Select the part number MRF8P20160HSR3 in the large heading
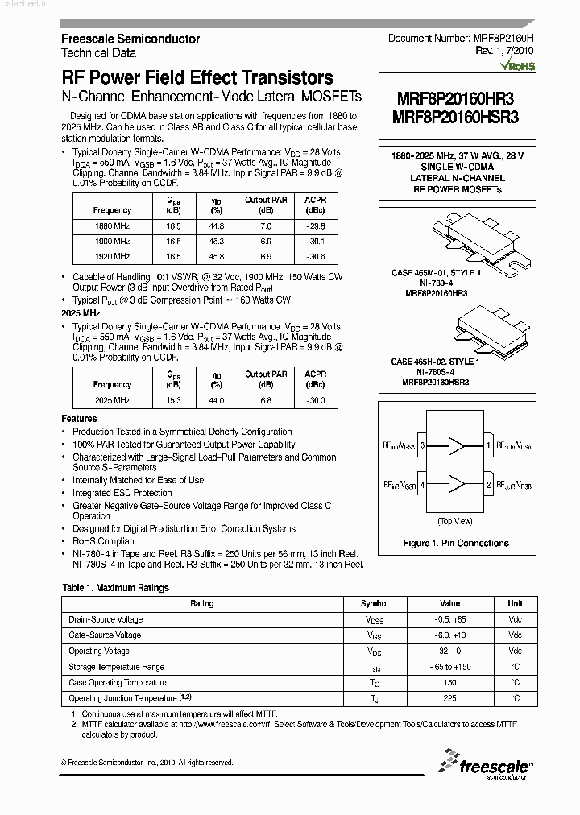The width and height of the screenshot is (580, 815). coord(457,115)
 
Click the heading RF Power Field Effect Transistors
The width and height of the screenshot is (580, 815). coord(197,78)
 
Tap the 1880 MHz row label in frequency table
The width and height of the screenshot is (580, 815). coord(112,226)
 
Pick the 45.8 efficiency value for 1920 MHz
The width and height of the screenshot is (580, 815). coord(217,256)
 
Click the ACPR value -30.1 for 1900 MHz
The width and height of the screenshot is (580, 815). coord(316,241)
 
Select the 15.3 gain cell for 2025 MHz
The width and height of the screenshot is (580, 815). coord(173,400)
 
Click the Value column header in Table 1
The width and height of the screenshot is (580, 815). coord(449,603)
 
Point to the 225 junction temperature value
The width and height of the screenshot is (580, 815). coord(449,698)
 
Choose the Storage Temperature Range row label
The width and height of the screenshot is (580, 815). coord(117,667)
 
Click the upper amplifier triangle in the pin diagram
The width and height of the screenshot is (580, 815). coord(457,445)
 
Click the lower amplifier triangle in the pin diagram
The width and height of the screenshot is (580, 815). coord(457,484)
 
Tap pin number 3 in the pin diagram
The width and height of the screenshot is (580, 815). coord(422,445)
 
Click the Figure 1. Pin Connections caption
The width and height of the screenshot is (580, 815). coord(457,544)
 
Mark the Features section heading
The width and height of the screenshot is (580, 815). coord(79,419)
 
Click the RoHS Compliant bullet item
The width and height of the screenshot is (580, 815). coord(105,542)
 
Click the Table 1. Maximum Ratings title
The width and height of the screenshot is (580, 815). coord(115,588)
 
